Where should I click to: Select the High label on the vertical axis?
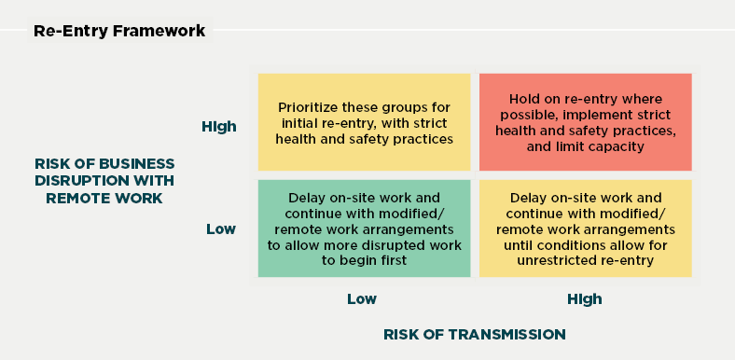click(x=218, y=127)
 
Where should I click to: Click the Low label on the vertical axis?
click(x=221, y=228)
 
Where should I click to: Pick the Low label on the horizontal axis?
click(x=362, y=299)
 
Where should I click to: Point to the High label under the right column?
click(x=584, y=299)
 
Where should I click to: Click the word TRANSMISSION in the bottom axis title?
click(x=517, y=333)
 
